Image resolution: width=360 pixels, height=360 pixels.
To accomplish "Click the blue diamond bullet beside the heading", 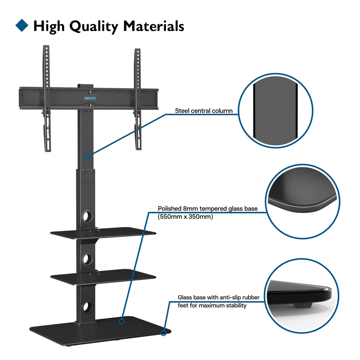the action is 22,25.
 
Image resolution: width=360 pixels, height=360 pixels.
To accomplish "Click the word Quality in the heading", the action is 94,27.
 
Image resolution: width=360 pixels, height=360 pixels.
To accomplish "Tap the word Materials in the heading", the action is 154,26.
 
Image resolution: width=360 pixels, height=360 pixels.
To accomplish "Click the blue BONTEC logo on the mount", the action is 90,98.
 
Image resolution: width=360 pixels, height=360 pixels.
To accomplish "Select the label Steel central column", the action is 204,111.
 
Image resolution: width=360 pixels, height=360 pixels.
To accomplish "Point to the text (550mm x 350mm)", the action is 185,217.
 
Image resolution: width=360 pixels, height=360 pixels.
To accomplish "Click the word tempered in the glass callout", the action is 209,209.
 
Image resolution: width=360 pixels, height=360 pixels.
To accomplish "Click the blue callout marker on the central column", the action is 87,157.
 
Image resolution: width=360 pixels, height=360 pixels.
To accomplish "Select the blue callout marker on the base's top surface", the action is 121,321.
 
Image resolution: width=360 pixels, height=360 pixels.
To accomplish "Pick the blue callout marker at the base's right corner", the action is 163,333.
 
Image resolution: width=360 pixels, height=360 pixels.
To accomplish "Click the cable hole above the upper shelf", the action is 87,217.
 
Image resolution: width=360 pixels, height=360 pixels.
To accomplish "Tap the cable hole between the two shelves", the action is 87,259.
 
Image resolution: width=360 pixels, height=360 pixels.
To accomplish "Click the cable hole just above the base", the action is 87,307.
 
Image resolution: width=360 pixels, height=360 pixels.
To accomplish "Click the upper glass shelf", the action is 103,233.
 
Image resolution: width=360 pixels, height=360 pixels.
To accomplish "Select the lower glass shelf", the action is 103,277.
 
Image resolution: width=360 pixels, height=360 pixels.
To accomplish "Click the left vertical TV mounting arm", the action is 47,98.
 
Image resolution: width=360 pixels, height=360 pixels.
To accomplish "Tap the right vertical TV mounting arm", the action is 138,99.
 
